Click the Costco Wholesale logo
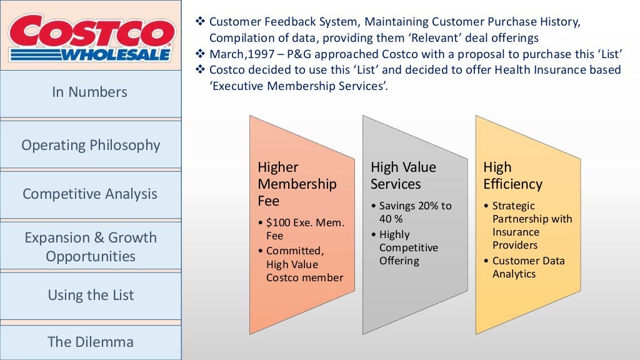click(x=92, y=36)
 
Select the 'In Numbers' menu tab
click(x=90, y=92)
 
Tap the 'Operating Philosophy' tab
click(x=91, y=145)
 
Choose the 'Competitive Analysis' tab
click(x=90, y=194)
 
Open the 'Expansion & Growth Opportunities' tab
click(x=91, y=247)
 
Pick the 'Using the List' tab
click(x=91, y=295)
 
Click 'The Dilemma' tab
click(x=91, y=342)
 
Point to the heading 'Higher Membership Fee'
click(x=297, y=184)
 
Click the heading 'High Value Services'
click(x=403, y=176)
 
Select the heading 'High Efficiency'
click(x=512, y=176)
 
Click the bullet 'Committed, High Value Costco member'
click(x=304, y=264)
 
